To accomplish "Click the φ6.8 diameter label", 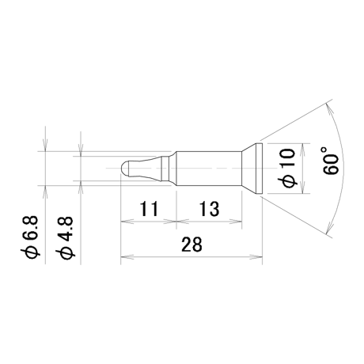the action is coord(30,237).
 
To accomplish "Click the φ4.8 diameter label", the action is coord(66,237).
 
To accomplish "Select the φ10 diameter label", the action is coord(287,169).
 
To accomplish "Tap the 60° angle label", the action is coord(330,161).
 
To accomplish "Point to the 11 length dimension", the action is coord(149,209).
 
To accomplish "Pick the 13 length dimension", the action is coord(209,209).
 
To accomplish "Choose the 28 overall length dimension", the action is coord(191,244).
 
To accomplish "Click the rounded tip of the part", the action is coord(124,168).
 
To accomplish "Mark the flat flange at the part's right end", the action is coord(259,169).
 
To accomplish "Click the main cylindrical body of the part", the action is coord(209,169).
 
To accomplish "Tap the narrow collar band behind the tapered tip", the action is coord(165,169).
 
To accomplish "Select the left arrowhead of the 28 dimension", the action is coord(127,256).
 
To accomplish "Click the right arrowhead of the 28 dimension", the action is coord(256,256).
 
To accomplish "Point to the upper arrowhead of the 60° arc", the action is coord(329,110).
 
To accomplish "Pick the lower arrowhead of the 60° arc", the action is coord(329,227).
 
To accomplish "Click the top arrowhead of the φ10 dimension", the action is coord(302,150).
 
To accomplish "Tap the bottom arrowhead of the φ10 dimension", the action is coord(302,188).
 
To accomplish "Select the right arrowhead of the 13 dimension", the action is coord(236,221).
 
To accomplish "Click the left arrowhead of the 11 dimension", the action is coord(127,221).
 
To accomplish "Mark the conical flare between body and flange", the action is coord(249,169).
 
